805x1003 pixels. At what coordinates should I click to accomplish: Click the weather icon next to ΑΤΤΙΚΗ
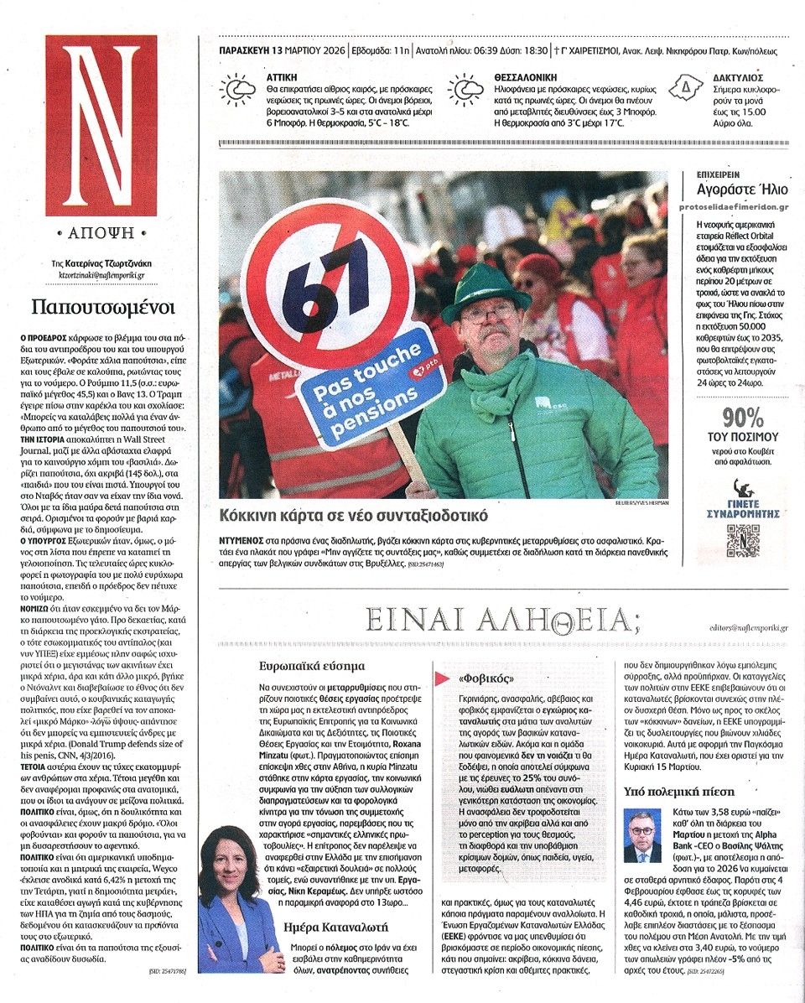[237, 90]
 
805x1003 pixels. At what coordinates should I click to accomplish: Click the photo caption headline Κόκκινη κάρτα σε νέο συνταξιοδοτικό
[353, 515]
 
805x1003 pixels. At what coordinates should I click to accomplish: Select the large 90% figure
[743, 417]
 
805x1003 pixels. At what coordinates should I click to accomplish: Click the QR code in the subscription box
[742, 541]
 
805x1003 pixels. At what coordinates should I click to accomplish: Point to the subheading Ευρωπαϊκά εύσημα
[312, 666]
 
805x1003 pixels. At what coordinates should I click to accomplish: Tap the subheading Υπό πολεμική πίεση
[679, 790]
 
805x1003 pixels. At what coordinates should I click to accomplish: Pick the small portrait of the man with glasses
[641, 836]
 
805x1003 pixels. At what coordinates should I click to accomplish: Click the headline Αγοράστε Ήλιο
[742, 190]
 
